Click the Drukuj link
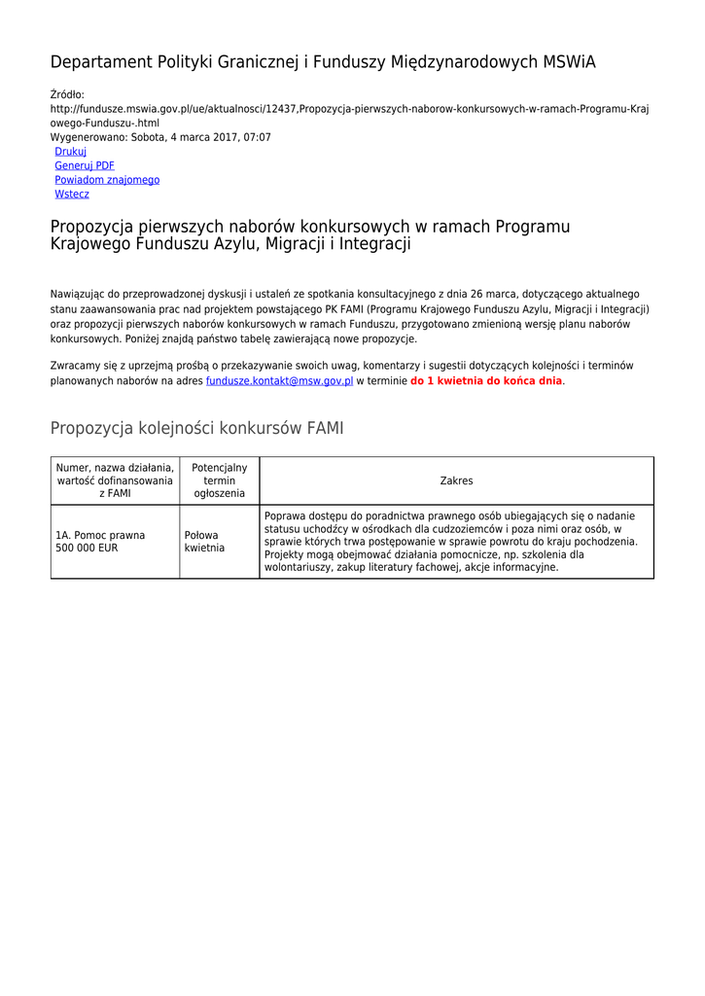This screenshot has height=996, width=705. point(70,152)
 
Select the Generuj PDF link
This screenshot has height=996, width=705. point(85,166)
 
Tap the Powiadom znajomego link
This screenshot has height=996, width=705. point(107,180)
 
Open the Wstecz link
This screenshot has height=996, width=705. point(72,195)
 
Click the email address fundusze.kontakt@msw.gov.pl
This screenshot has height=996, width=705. point(279,381)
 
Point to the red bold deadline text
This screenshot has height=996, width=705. point(486,381)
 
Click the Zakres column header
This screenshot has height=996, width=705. point(456,481)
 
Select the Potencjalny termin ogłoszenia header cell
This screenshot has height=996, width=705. point(220,481)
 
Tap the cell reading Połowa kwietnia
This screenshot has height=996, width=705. point(204,542)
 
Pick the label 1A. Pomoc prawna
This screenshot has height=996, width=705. point(100,535)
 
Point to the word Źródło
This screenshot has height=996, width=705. point(67,94)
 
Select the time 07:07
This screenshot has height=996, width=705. point(258,138)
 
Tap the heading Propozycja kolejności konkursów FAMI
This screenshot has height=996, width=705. point(196,429)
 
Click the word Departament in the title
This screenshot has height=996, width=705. point(100,62)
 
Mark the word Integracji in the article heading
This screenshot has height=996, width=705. point(373,244)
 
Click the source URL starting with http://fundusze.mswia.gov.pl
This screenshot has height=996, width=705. point(349,109)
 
